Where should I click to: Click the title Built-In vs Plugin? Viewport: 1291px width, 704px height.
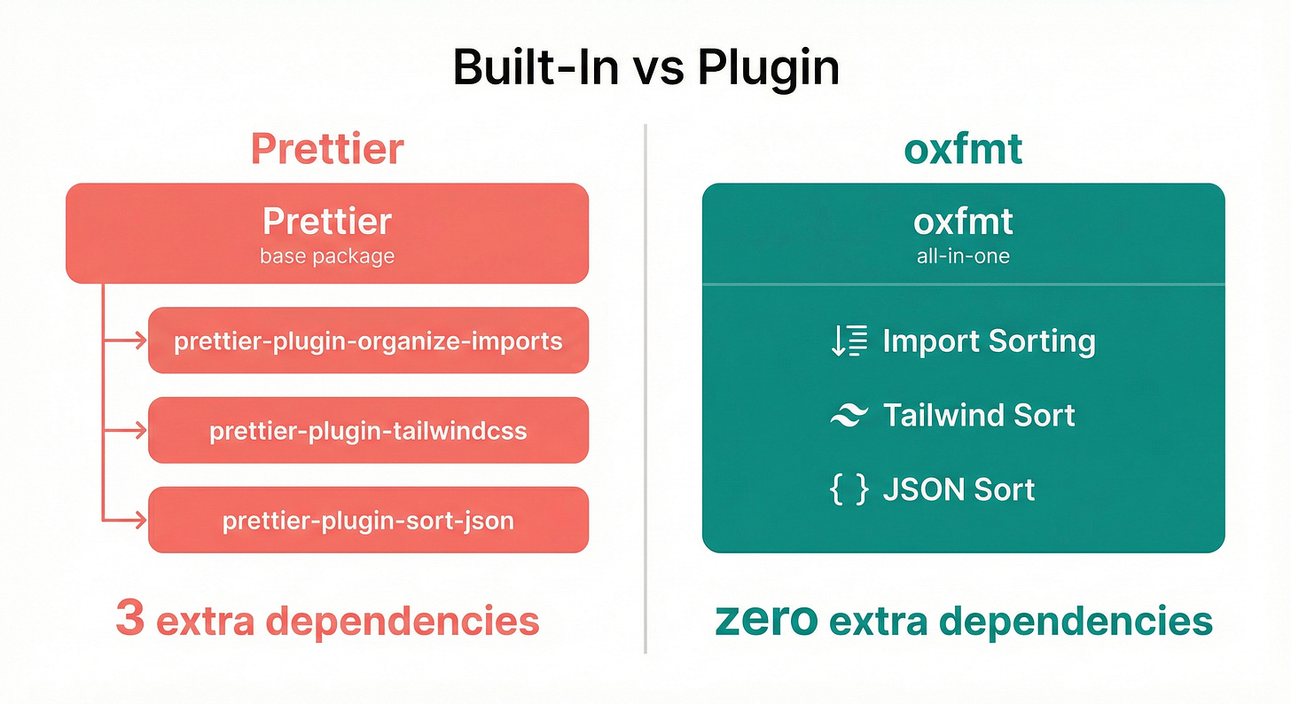[x=645, y=68]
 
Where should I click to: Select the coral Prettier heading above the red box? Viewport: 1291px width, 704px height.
[x=327, y=149]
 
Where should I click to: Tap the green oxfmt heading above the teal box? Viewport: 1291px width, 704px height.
[x=963, y=149]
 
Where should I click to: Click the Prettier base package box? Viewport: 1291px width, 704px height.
[x=327, y=232]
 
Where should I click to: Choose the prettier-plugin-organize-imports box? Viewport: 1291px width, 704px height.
[x=368, y=340]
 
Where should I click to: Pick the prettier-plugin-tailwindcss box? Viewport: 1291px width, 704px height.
[x=368, y=431]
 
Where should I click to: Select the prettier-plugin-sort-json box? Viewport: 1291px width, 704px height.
[x=368, y=520]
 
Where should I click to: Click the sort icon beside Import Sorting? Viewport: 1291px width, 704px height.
[x=848, y=341]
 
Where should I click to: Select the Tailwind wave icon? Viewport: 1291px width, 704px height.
[x=848, y=415]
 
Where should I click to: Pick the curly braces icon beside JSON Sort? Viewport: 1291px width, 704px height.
[x=848, y=489]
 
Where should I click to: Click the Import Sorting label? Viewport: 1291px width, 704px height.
[x=989, y=341]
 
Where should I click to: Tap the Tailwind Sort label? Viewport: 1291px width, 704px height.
[x=979, y=415]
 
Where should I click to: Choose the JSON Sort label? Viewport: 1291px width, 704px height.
[x=958, y=489]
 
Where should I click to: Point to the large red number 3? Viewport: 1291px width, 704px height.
[x=129, y=619]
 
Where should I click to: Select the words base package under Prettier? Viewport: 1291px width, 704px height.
[x=327, y=257]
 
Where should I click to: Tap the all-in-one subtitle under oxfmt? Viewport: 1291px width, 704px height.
[x=963, y=256]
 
